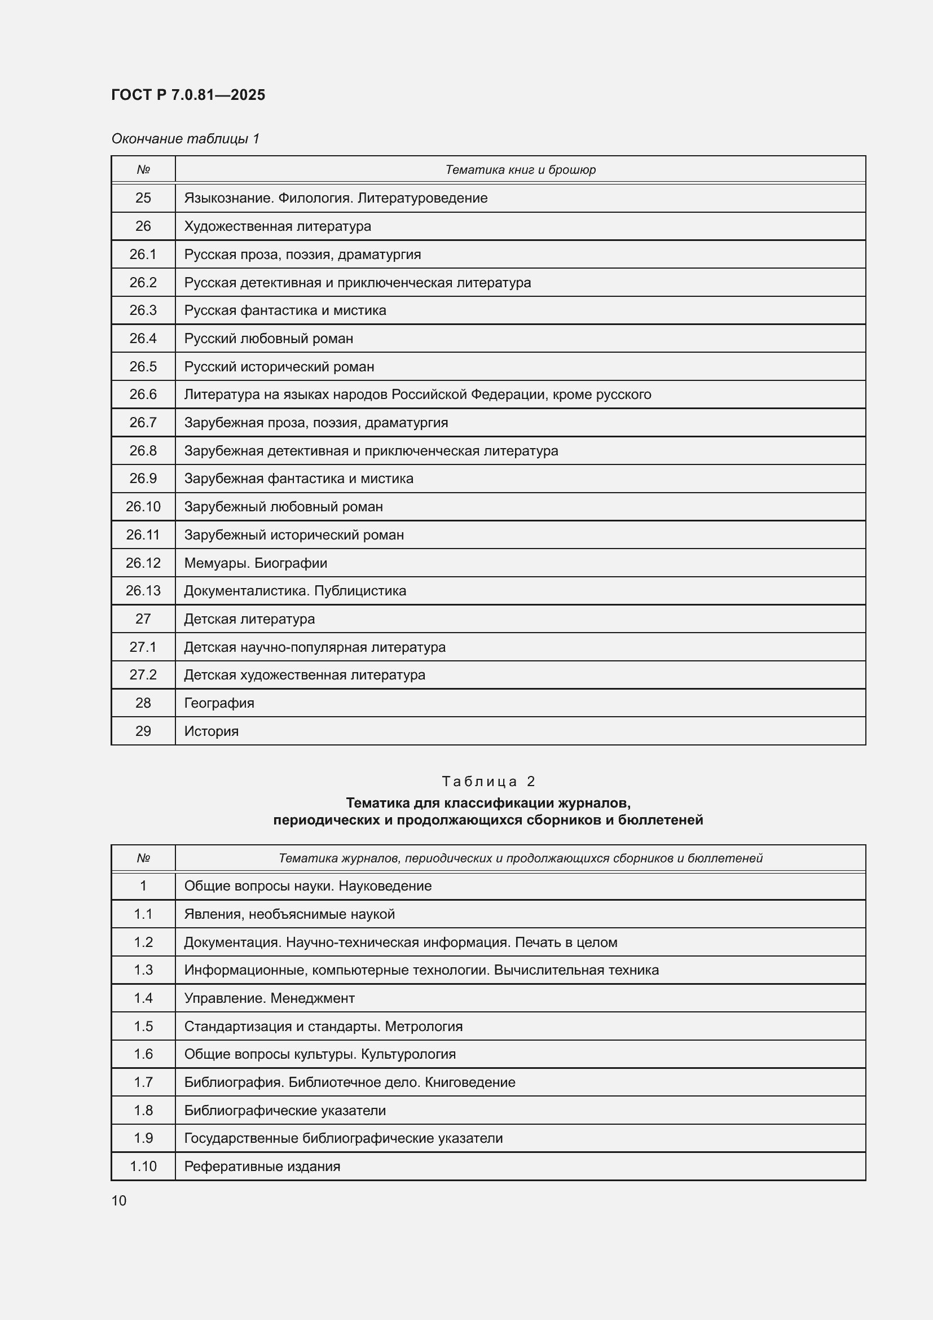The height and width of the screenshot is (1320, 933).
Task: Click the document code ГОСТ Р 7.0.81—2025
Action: (x=188, y=95)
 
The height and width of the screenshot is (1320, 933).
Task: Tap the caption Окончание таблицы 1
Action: (x=185, y=139)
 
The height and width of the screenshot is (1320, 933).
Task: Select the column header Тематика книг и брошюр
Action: (x=520, y=170)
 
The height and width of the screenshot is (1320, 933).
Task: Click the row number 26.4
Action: (x=143, y=339)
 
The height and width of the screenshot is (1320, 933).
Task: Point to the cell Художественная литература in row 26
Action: (x=278, y=226)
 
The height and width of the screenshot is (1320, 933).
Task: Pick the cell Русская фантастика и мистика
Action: (x=285, y=310)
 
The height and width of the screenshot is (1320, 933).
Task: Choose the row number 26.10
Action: (x=143, y=506)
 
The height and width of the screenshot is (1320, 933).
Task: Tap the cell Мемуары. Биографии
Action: (x=256, y=563)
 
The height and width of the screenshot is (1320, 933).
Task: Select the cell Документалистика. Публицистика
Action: (x=294, y=591)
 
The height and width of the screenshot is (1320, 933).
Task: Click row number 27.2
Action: (x=143, y=675)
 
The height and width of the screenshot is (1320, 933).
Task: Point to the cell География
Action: (x=219, y=703)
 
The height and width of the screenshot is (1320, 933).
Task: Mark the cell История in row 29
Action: (x=211, y=731)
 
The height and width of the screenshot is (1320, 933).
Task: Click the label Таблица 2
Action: (x=488, y=781)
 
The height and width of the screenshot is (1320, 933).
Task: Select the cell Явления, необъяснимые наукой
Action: (x=289, y=914)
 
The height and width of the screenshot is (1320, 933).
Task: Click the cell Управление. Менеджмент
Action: (x=269, y=998)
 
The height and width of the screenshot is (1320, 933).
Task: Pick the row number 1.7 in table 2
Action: (x=143, y=1082)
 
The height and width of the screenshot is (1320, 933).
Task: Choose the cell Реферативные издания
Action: (x=262, y=1166)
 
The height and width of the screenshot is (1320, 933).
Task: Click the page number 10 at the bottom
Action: (x=119, y=1201)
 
